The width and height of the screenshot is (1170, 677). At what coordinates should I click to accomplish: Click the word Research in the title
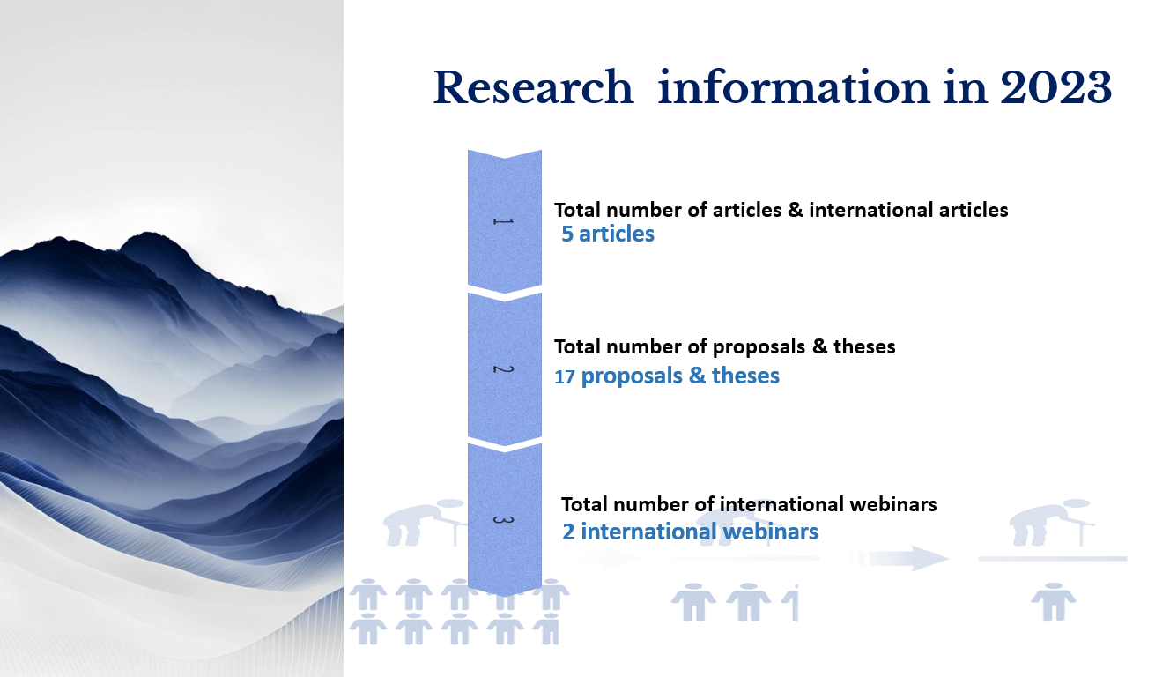pyautogui.click(x=533, y=87)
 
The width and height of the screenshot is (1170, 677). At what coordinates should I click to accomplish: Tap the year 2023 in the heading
pyautogui.click(x=1055, y=87)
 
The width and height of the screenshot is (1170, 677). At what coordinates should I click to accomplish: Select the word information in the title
pyautogui.click(x=794, y=87)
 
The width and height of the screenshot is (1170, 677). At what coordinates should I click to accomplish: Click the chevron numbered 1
pyautogui.click(x=505, y=221)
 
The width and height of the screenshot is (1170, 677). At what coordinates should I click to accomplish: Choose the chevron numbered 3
pyautogui.click(x=505, y=520)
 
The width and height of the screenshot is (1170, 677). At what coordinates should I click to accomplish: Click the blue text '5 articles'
pyautogui.click(x=607, y=234)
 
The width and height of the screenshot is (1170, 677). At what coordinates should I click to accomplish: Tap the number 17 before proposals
pyautogui.click(x=564, y=377)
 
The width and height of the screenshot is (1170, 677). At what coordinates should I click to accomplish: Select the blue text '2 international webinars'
pyautogui.click(x=690, y=532)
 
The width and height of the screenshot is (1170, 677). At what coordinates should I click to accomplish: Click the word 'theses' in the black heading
pyautogui.click(x=864, y=346)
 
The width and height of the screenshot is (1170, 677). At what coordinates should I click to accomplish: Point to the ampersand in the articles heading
pyautogui.click(x=795, y=210)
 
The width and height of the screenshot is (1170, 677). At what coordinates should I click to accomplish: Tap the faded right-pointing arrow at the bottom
pyautogui.click(x=898, y=558)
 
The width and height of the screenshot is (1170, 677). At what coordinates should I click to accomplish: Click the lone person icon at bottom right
pyautogui.click(x=1054, y=602)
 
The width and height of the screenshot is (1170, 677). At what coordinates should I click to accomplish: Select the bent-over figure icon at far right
pyautogui.click(x=1051, y=522)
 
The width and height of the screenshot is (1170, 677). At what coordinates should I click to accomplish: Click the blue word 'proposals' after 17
pyautogui.click(x=632, y=376)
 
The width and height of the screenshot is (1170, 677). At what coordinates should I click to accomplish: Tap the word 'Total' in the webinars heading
pyautogui.click(x=581, y=504)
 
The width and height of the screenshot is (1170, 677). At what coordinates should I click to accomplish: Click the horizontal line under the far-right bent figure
pyautogui.click(x=1053, y=559)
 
